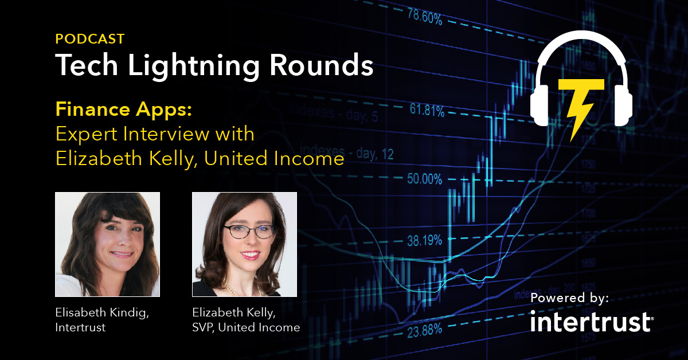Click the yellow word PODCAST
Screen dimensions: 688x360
(90, 39)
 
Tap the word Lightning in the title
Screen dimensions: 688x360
(194, 66)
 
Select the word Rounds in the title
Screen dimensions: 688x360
(322, 65)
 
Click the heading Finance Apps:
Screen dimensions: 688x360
(124, 110)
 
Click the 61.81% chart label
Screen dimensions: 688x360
(427, 110)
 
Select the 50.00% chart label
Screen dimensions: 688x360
(425, 178)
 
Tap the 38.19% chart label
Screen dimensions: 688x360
(424, 241)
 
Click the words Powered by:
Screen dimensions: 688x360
(570, 298)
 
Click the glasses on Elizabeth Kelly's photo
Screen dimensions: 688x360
(249, 232)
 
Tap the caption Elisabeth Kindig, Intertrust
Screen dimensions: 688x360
(102, 320)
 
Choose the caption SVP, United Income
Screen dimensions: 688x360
(246, 327)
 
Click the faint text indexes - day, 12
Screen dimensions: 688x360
(347, 152)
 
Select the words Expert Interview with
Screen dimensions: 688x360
(155, 134)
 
